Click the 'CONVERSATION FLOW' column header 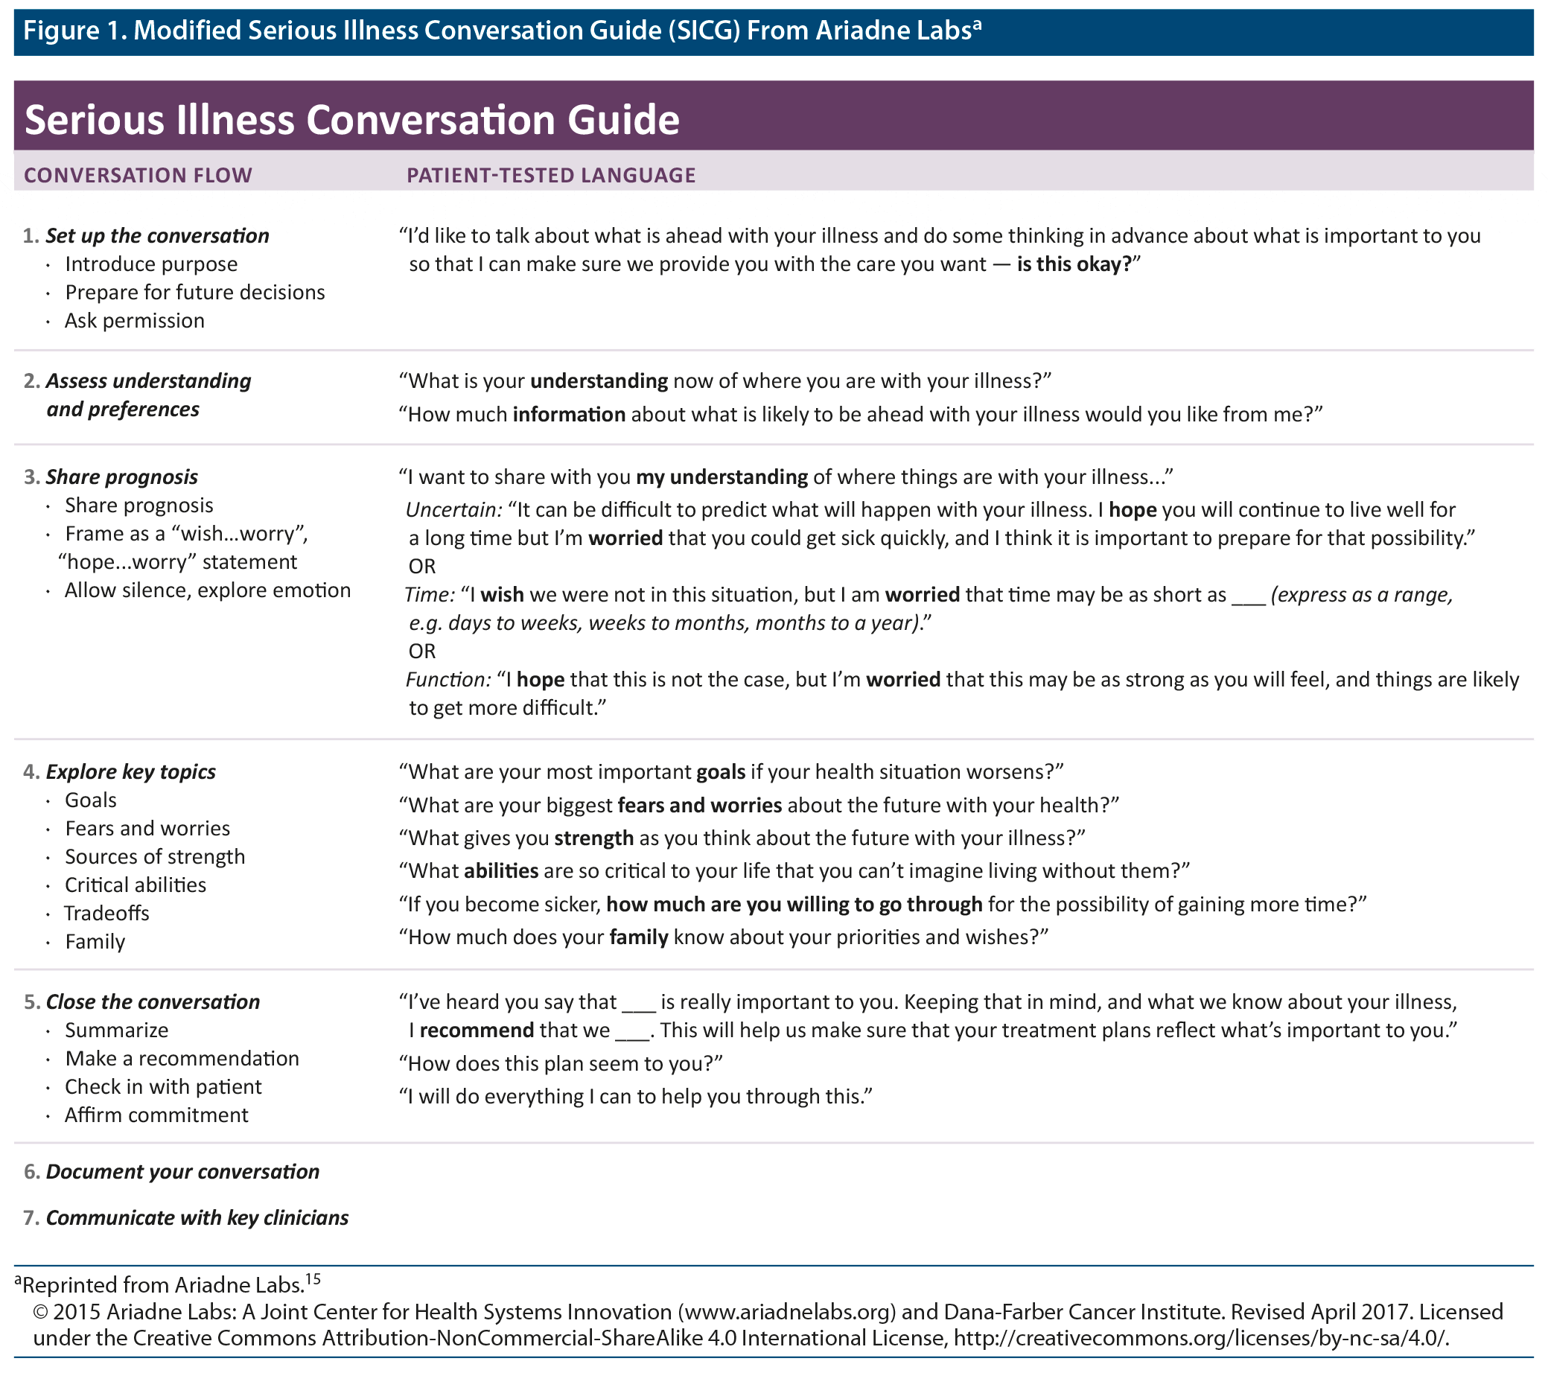click(x=138, y=175)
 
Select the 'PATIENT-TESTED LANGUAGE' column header click(x=550, y=175)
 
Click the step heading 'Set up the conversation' click(x=157, y=235)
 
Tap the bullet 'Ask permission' click(x=134, y=320)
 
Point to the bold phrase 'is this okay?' click(x=1074, y=264)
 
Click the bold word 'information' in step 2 click(x=569, y=414)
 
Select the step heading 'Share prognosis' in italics click(x=121, y=477)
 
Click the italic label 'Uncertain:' click(x=453, y=510)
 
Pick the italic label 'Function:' click(x=447, y=679)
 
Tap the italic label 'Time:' click(x=429, y=594)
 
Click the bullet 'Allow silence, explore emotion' click(x=207, y=590)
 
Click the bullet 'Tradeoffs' click(x=106, y=914)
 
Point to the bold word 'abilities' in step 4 click(x=500, y=871)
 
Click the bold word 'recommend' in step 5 click(x=477, y=1030)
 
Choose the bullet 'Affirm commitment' click(x=156, y=1115)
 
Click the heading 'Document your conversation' click(x=182, y=1171)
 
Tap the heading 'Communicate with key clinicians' click(x=197, y=1217)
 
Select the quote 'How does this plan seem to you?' click(x=561, y=1063)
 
